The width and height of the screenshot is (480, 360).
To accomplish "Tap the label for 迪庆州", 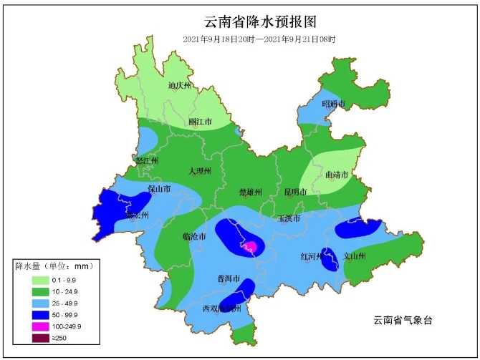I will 180,86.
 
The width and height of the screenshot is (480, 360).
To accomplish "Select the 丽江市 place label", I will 200,122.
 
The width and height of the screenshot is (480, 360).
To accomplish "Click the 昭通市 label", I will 333,104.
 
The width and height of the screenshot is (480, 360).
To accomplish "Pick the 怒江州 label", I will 146,161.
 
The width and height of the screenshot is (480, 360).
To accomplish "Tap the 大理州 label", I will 200,171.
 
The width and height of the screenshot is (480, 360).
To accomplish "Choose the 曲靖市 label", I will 336,175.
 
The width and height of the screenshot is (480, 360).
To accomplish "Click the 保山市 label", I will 158,190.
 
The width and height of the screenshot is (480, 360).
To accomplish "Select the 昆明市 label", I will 295,192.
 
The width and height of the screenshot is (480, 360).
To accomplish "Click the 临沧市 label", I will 194,236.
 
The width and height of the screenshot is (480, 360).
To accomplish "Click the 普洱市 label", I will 228,278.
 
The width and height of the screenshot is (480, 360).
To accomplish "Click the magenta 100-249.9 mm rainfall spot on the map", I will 251,248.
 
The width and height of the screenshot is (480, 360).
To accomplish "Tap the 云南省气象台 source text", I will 404,320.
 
